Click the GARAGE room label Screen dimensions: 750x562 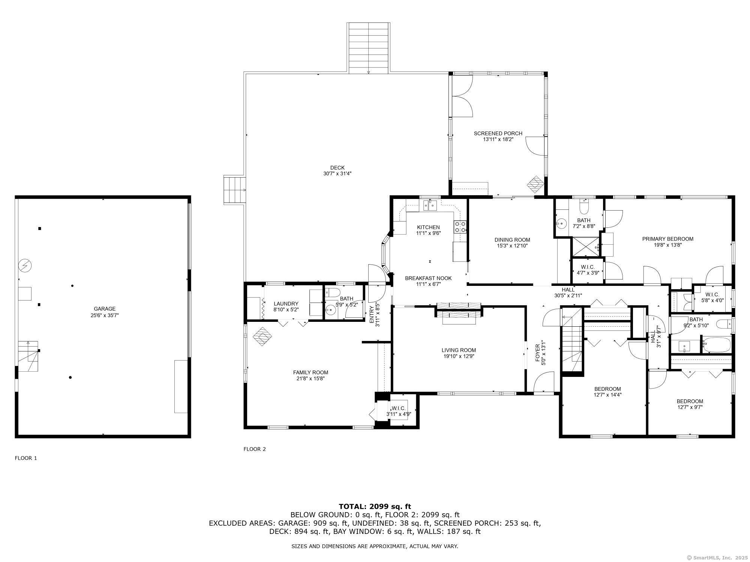click(x=105, y=309)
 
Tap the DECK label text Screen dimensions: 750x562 click(x=337, y=167)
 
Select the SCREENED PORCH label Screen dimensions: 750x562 click(x=498, y=133)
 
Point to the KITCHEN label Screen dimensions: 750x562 click(x=428, y=227)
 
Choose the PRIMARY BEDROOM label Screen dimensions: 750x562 click(x=668, y=239)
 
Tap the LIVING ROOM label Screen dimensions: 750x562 click(x=459, y=350)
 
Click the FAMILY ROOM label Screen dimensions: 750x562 click(x=310, y=372)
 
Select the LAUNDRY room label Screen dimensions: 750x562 click(x=286, y=303)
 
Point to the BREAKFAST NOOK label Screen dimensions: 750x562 click(x=428, y=278)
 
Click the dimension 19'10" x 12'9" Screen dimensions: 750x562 click(x=459, y=356)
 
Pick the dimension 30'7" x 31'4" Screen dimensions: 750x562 click(x=337, y=173)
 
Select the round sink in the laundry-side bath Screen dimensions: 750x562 click(x=331, y=310)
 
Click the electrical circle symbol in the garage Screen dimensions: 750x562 click(x=25, y=266)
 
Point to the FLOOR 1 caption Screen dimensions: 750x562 click(x=26, y=458)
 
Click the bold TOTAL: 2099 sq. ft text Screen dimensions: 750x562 click(x=375, y=507)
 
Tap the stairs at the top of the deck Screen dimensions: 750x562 click(x=369, y=47)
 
